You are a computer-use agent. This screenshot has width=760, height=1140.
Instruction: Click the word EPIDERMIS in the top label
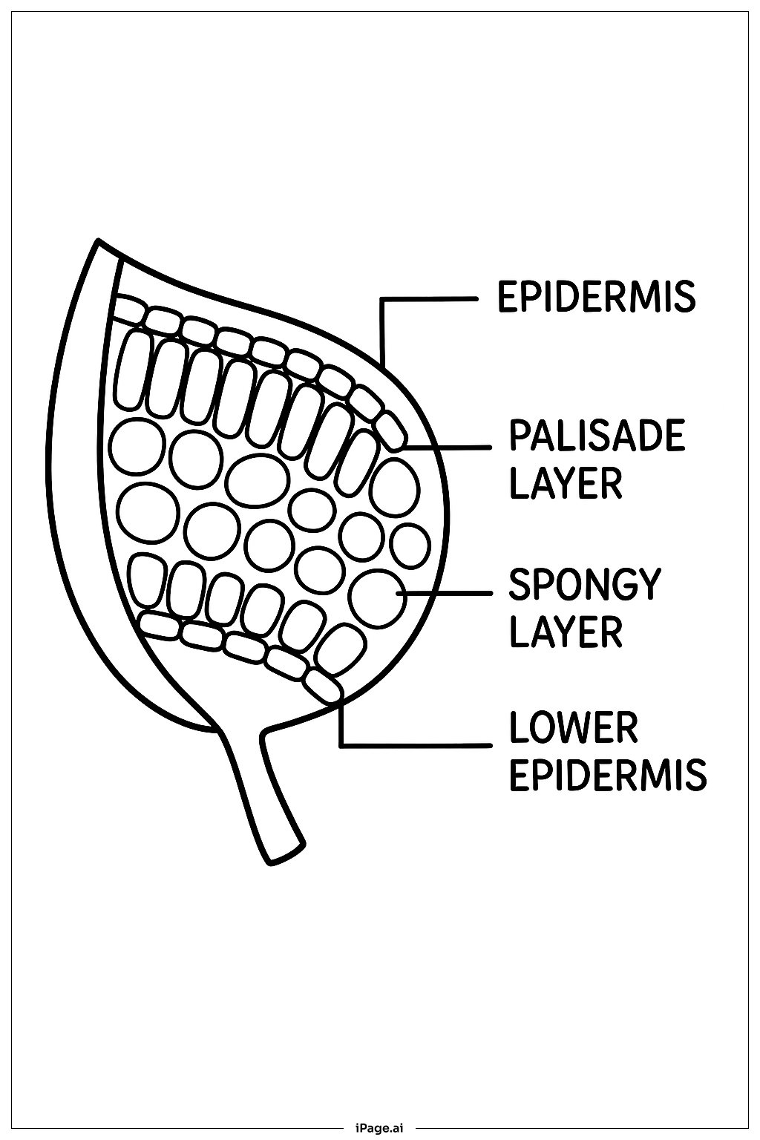[596, 296]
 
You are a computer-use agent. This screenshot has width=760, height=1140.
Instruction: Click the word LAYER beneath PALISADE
[566, 482]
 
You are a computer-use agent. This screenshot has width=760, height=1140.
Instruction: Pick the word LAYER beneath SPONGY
[566, 632]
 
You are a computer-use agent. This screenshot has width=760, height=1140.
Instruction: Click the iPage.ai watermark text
[380, 1128]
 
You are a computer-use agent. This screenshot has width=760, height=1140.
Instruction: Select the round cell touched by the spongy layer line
[379, 597]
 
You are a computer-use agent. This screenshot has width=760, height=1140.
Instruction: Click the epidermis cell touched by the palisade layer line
[391, 431]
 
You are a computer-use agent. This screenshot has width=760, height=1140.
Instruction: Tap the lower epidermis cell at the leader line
[323, 686]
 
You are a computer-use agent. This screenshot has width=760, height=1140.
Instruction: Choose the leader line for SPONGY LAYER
[445, 594]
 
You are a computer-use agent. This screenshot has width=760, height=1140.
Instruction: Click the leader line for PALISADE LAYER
[449, 448]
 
